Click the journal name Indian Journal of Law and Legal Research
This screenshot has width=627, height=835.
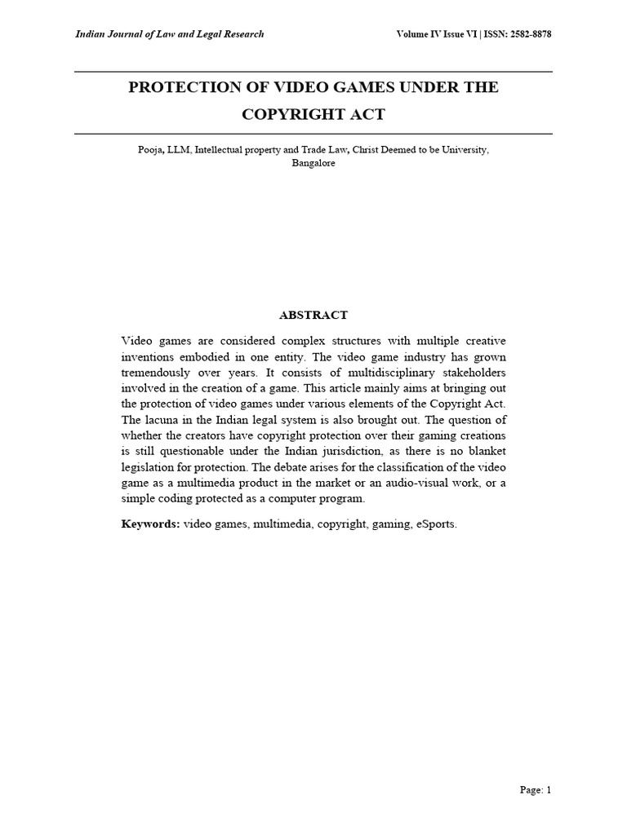(169, 34)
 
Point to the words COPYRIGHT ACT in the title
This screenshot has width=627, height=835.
(313, 114)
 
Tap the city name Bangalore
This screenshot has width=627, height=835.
(313, 163)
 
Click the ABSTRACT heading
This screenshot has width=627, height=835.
(313, 315)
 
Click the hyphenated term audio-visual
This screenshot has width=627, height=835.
(409, 483)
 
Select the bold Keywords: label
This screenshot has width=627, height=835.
(150, 524)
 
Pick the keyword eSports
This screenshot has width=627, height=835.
(437, 524)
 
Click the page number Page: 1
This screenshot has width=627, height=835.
(536, 789)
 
